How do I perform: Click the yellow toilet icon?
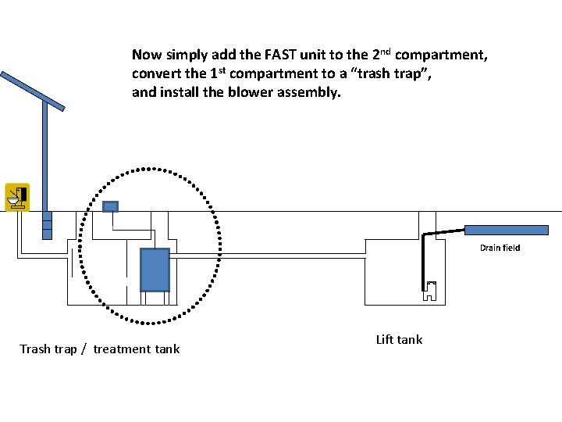pos(17,197)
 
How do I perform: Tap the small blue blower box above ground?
pos(110,206)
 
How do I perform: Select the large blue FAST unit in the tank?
pos(155,270)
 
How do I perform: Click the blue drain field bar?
pos(507,230)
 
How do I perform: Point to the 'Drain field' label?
pos(500,248)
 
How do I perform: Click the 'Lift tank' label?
pos(400,339)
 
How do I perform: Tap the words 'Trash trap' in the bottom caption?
pos(48,349)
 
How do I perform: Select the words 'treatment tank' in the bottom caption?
pos(137,349)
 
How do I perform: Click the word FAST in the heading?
pos(280,55)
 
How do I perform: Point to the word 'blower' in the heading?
pos(251,92)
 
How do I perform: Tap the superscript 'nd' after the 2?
pos(386,52)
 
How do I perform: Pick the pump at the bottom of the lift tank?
pos(430,291)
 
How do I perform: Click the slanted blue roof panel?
pos(33,91)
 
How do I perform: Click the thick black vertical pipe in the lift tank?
pos(423,262)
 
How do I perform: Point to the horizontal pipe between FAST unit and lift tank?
pos(268,256)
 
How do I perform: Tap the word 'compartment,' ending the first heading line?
pos(441,55)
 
